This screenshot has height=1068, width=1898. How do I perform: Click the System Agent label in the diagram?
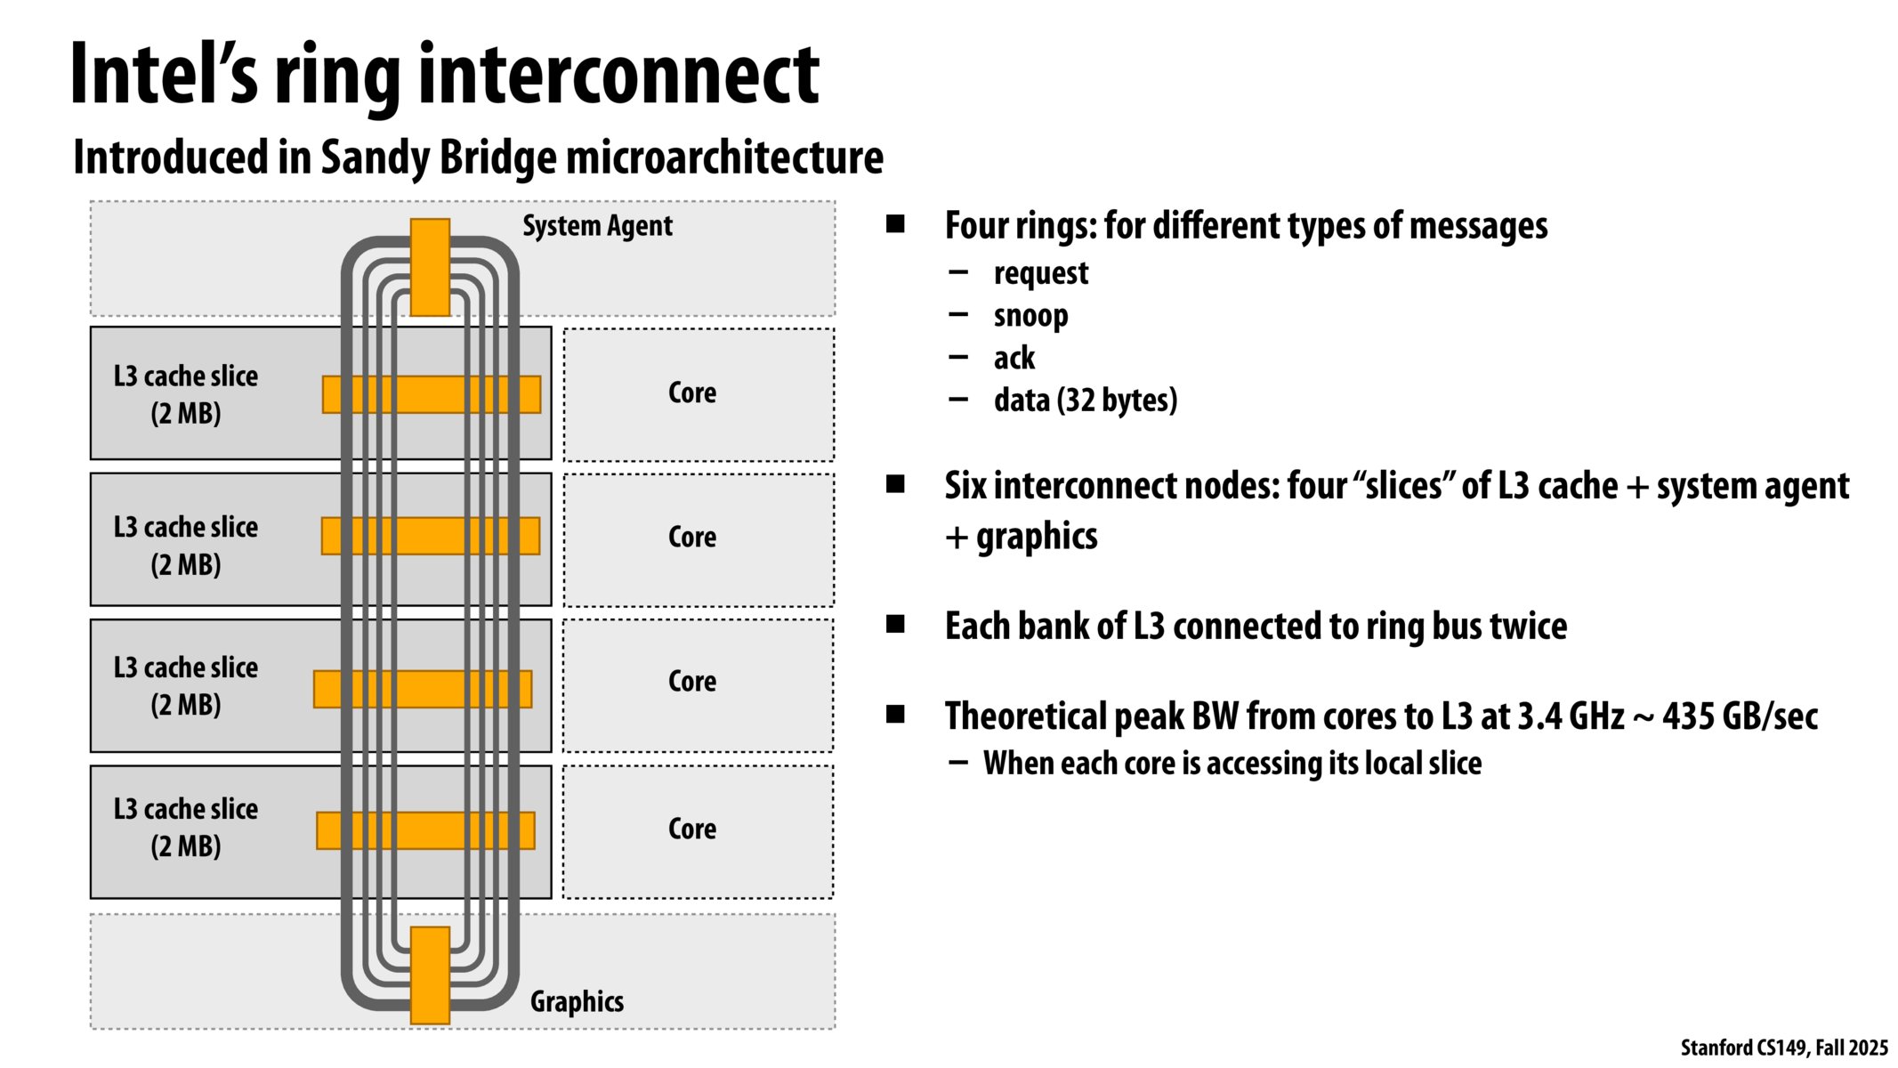pyautogui.click(x=597, y=226)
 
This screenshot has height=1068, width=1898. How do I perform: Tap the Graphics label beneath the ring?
pyautogui.click(x=577, y=1001)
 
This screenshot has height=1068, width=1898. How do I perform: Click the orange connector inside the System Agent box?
pyautogui.click(x=430, y=267)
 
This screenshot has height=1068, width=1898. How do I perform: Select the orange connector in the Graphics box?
pyautogui.click(x=430, y=975)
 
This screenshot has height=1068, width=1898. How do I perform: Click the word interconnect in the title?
pyautogui.click(x=618, y=76)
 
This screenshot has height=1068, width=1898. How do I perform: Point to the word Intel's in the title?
pyautogui.click(x=164, y=76)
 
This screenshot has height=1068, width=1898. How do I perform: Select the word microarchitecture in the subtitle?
pyautogui.click(x=724, y=158)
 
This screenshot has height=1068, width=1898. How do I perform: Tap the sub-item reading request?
pyautogui.click(x=1040, y=273)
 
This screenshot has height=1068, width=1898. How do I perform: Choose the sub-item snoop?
pyautogui.click(x=1030, y=316)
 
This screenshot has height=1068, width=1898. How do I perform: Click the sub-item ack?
pyautogui.click(x=1014, y=358)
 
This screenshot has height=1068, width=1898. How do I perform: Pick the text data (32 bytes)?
pyautogui.click(x=1085, y=400)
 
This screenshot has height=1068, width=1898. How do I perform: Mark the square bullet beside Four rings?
pyautogui.click(x=895, y=223)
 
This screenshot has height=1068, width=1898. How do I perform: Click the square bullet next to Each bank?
pyautogui.click(x=895, y=624)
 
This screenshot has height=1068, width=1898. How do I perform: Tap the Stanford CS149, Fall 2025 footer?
pyautogui.click(x=1783, y=1048)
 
